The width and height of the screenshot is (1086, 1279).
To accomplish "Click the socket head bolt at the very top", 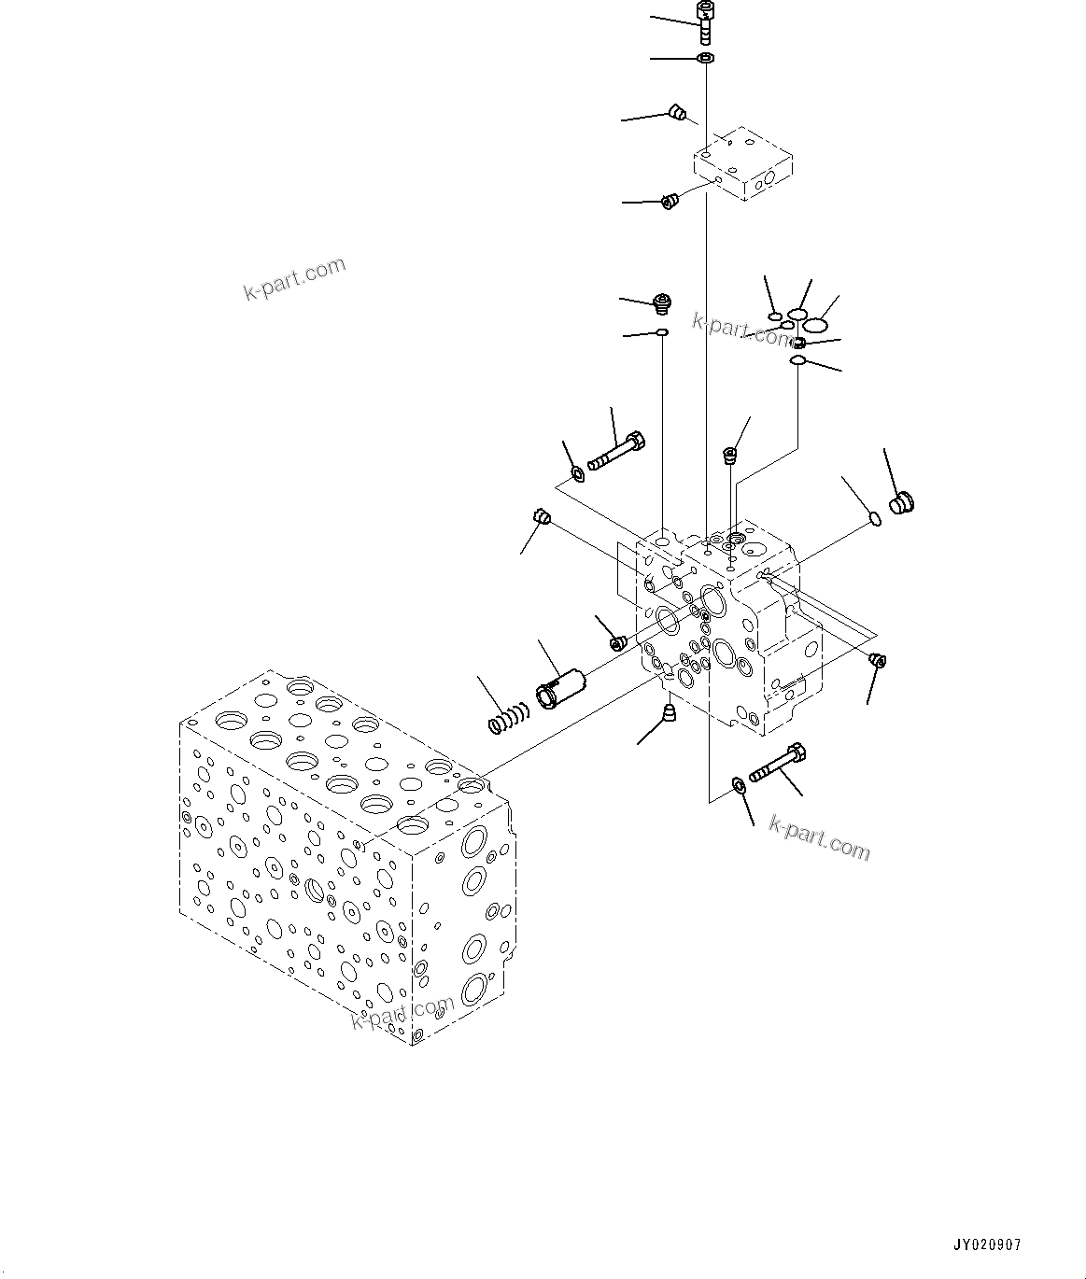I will [x=705, y=20].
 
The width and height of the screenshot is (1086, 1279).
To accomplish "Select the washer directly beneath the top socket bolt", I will [x=706, y=59].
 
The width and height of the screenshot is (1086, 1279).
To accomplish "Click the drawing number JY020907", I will [x=986, y=1245].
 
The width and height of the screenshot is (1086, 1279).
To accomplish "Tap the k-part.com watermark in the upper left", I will [x=294, y=279].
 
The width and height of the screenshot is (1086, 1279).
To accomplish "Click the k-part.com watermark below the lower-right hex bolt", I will [x=819, y=836].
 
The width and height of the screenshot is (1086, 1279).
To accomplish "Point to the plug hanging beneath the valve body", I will [x=669, y=714].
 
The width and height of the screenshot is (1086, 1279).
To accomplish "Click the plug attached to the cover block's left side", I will [x=669, y=201].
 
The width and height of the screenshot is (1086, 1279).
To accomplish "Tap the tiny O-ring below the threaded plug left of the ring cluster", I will [x=661, y=331].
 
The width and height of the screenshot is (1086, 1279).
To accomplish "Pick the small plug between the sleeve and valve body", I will [x=617, y=642].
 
